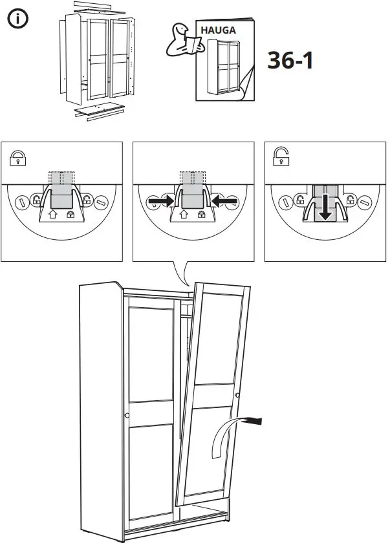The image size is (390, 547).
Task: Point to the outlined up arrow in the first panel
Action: [53, 213]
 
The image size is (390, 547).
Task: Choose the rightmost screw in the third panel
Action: [367, 203]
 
